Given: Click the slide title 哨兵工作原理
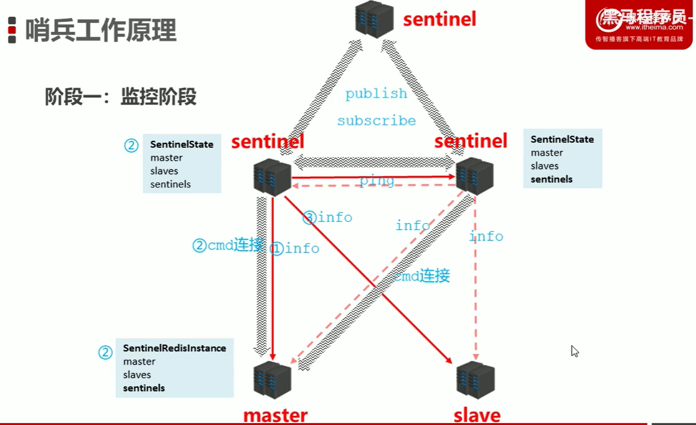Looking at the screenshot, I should (100, 30).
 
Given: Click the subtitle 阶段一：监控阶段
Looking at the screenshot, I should (121, 97).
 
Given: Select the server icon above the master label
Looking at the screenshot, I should (273, 380).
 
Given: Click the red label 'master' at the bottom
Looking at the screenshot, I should (275, 415).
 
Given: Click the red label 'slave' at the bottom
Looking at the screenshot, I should (477, 415).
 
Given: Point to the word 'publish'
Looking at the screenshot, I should (376, 93).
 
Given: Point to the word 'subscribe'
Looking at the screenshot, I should (376, 120).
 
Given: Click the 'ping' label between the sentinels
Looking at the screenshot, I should (377, 181).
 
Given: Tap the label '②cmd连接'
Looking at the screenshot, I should (228, 246).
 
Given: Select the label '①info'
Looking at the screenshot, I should (294, 249).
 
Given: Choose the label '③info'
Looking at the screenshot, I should (327, 217).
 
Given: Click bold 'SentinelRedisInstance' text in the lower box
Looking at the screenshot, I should (174, 348).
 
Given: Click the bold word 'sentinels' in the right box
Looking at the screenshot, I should (552, 179).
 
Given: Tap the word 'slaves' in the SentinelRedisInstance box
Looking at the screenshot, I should (137, 375).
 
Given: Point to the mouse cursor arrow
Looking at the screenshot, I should (575, 351).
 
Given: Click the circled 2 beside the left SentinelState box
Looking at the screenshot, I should (131, 145).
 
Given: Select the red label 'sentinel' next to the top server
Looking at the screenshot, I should (440, 19).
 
